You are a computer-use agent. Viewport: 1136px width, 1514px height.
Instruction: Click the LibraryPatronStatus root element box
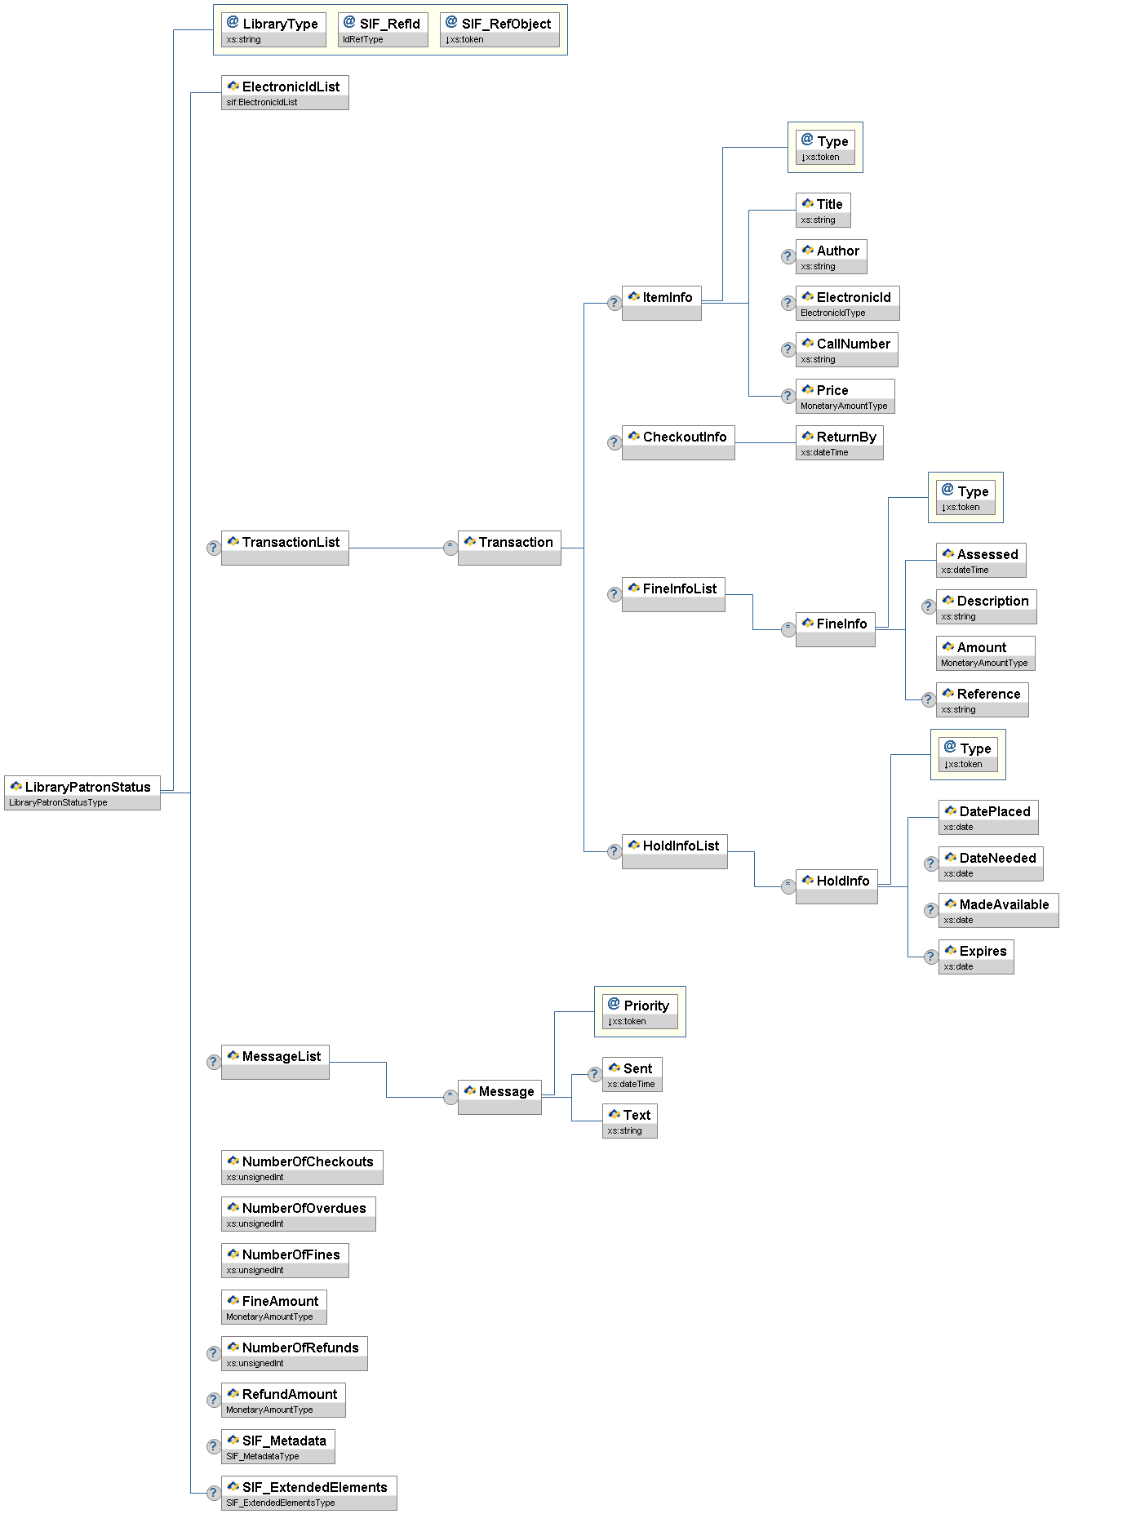82,793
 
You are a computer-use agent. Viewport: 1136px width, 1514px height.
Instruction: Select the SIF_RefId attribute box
383,29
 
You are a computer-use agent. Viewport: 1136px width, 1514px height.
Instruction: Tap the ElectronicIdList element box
285,92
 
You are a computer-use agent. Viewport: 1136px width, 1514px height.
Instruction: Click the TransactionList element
285,548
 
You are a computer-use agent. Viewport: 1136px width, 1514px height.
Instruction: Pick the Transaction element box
509,548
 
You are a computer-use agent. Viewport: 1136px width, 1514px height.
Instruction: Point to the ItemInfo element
661,303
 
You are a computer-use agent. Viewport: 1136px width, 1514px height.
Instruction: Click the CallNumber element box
846,349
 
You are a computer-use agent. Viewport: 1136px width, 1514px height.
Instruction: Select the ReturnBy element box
839,442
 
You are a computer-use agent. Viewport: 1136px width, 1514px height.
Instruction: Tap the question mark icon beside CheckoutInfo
615,442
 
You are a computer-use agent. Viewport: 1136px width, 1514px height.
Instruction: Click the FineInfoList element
673,594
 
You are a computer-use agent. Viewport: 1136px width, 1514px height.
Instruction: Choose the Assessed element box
980,560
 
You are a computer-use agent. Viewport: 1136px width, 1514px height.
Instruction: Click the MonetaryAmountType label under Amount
984,664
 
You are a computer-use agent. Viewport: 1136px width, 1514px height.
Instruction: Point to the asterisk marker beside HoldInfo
788,886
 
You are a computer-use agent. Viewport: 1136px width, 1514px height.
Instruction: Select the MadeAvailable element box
998,910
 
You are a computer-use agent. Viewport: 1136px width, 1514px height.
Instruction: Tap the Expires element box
976,957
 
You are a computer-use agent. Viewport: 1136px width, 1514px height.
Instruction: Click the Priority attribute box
640,1011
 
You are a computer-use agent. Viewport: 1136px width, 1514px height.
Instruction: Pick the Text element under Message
630,1121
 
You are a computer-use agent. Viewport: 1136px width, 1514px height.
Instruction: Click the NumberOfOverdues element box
298,1214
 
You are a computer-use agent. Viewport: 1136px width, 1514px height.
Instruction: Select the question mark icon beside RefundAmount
213,1400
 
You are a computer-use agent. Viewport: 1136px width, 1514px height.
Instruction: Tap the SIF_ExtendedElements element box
308,1493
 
